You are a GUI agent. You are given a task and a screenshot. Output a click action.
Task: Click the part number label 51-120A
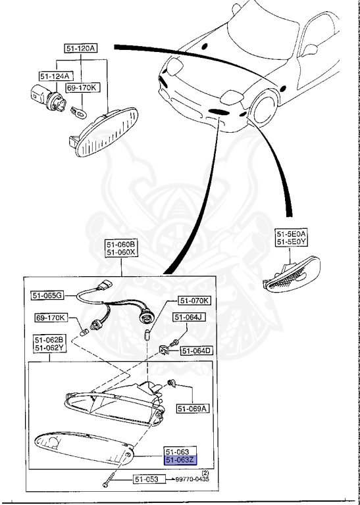[x=80, y=49]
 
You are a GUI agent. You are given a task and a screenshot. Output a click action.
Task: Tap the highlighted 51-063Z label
[x=180, y=461]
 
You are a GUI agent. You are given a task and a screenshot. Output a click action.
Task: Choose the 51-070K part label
[x=193, y=301]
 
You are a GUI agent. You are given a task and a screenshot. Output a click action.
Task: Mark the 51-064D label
[x=196, y=350]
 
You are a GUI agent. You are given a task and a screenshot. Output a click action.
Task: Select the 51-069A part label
[x=192, y=408]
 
